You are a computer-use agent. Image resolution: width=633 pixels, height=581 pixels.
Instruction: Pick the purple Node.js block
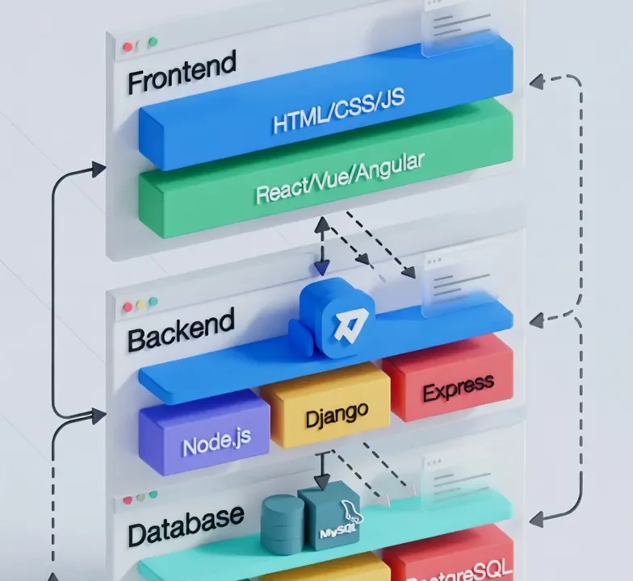tap(216, 443)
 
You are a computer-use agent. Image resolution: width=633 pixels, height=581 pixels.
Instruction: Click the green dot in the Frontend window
tap(153, 41)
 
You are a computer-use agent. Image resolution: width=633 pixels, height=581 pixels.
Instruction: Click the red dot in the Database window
tap(127, 501)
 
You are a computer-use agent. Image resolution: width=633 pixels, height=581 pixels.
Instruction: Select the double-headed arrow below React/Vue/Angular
tap(322, 245)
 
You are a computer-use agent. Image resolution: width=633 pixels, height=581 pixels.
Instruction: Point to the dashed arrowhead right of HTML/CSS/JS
tap(534, 81)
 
